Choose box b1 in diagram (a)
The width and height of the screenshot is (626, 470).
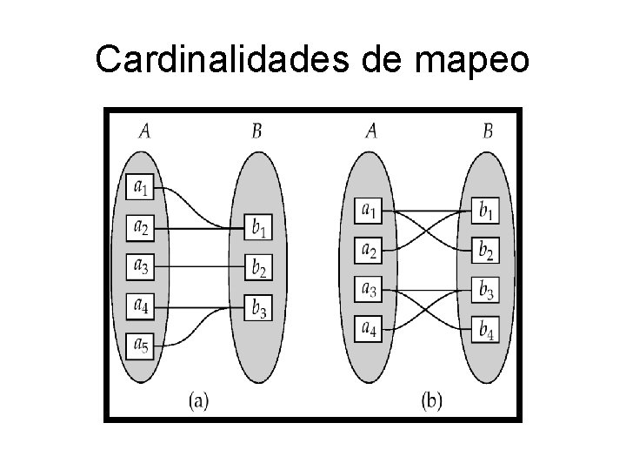[x=258, y=228]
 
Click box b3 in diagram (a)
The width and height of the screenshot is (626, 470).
[x=258, y=306]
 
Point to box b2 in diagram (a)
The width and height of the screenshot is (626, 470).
[x=258, y=267]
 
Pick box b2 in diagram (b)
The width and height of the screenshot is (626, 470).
[x=487, y=250]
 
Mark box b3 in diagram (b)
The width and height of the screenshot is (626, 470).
[x=487, y=290]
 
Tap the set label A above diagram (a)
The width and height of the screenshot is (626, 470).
[x=144, y=131]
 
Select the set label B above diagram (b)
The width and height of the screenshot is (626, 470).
[x=488, y=131]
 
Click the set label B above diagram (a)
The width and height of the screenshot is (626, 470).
[x=256, y=131]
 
